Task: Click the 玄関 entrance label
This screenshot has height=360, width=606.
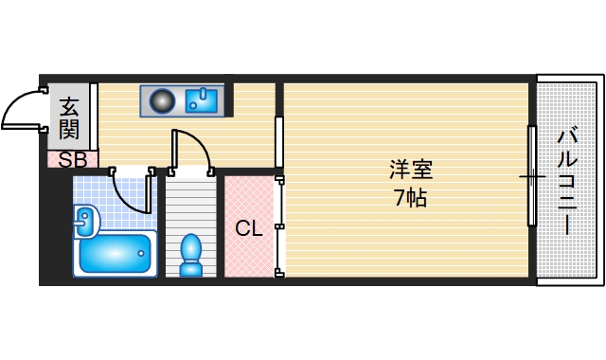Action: point(69,117)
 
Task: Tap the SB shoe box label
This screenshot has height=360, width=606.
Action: point(73,160)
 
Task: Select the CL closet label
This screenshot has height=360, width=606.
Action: point(248,228)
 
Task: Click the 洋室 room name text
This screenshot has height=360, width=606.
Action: point(411,171)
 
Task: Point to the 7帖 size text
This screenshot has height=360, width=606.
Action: point(410,199)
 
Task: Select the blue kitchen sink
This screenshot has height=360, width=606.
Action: point(202,99)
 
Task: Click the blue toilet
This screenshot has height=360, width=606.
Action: point(190,253)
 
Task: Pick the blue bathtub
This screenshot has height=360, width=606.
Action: point(115,252)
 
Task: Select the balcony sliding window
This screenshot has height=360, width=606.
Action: point(532,175)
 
